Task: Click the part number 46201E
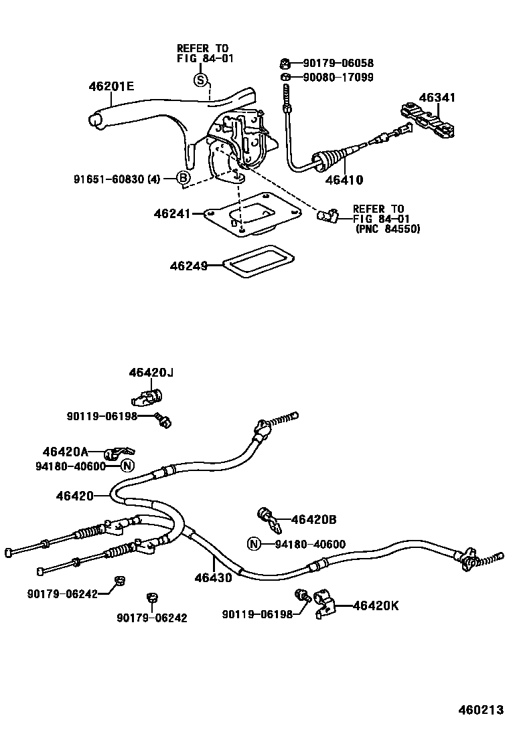point(111,86)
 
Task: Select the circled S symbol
point(200,81)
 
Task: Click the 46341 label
point(437,98)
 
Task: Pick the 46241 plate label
point(173,213)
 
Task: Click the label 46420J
point(151,372)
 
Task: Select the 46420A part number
point(66,452)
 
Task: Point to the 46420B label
point(313,519)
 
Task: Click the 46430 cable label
point(213,577)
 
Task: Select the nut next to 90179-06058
point(285,64)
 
